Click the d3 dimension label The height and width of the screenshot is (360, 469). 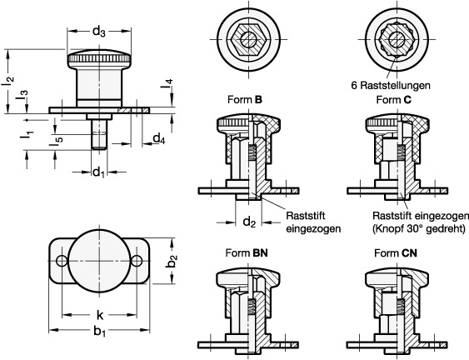click(x=99, y=31)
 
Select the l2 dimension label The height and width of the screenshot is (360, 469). click(x=8, y=82)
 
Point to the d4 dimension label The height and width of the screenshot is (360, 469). click(x=159, y=138)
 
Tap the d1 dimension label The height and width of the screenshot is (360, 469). click(x=98, y=172)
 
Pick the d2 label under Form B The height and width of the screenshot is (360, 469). click(x=249, y=222)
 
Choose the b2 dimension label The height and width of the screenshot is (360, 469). click(x=172, y=260)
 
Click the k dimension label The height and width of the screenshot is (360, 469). click(x=100, y=315)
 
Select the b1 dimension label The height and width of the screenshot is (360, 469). click(x=100, y=332)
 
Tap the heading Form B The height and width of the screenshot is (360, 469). click(x=245, y=100)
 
